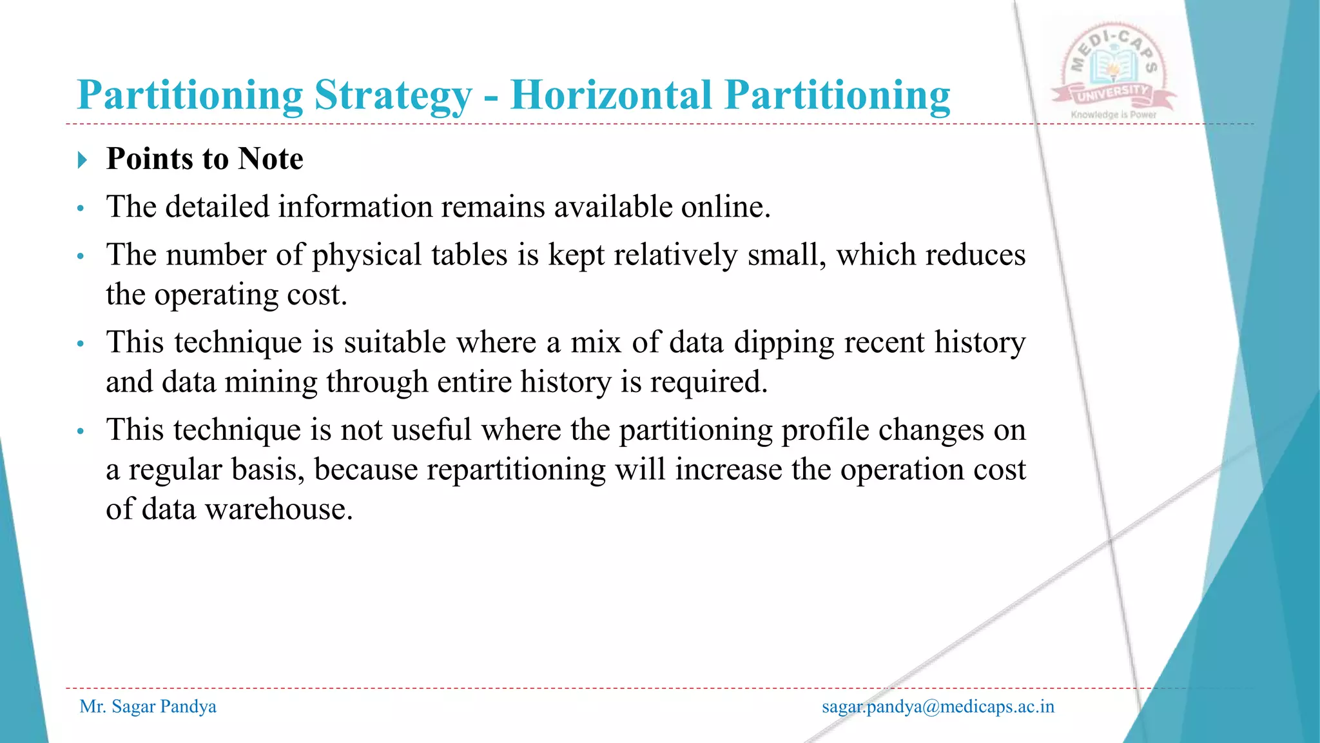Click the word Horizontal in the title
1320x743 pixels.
click(610, 95)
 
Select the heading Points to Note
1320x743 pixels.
click(204, 159)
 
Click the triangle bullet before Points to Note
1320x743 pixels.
click(82, 160)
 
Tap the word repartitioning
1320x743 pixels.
click(460, 470)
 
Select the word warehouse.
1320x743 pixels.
click(278, 510)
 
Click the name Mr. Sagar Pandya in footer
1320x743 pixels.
click(148, 707)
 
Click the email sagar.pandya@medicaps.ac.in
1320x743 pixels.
click(938, 707)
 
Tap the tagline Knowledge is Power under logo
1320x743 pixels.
click(1113, 115)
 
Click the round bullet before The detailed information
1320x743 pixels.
click(81, 208)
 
